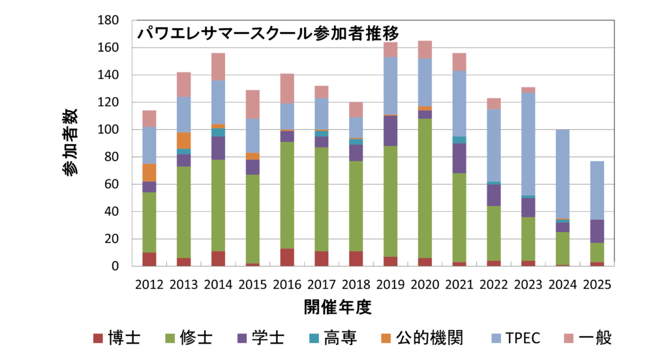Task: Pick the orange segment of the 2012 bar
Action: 149,173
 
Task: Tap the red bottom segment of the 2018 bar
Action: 356,258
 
